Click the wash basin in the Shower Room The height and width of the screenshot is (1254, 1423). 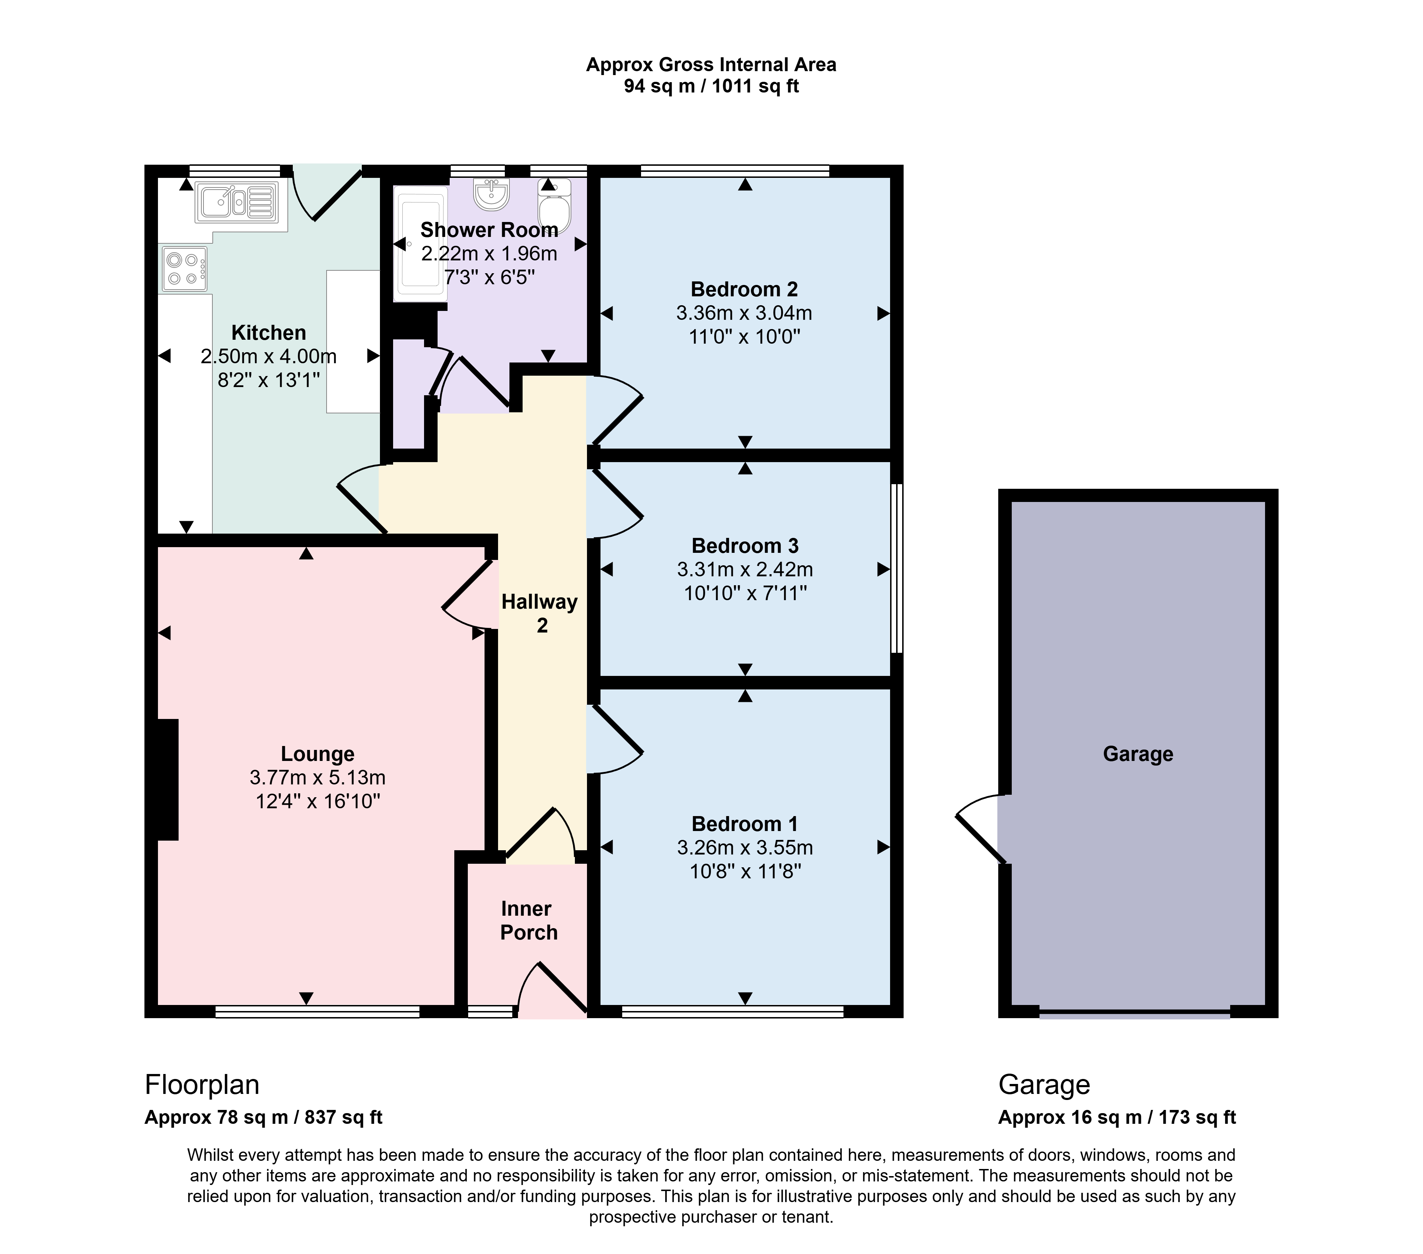492,194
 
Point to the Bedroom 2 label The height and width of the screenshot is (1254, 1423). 744,289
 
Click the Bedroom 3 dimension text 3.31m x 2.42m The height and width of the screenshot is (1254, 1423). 745,570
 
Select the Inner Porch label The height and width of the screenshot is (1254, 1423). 528,920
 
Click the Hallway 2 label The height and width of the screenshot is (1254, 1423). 540,613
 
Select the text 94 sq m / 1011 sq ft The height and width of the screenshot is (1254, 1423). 711,86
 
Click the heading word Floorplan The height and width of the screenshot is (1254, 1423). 202,1084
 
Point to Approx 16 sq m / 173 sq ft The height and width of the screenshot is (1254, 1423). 1117,1117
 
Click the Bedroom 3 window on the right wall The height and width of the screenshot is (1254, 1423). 898,568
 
